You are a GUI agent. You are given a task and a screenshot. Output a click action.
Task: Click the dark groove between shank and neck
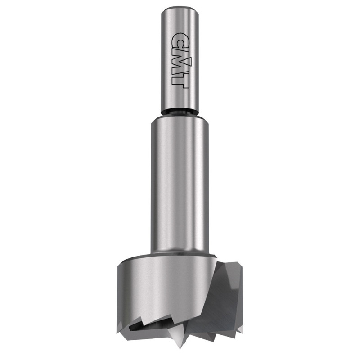pyautogui.click(x=180, y=112)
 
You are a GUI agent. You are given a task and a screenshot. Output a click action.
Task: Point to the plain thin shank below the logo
pyautogui.click(x=180, y=99)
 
